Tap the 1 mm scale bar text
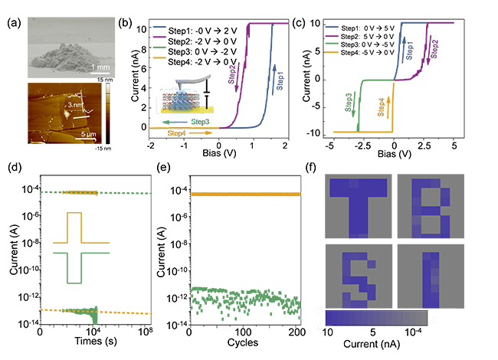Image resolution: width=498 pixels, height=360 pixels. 95,67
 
